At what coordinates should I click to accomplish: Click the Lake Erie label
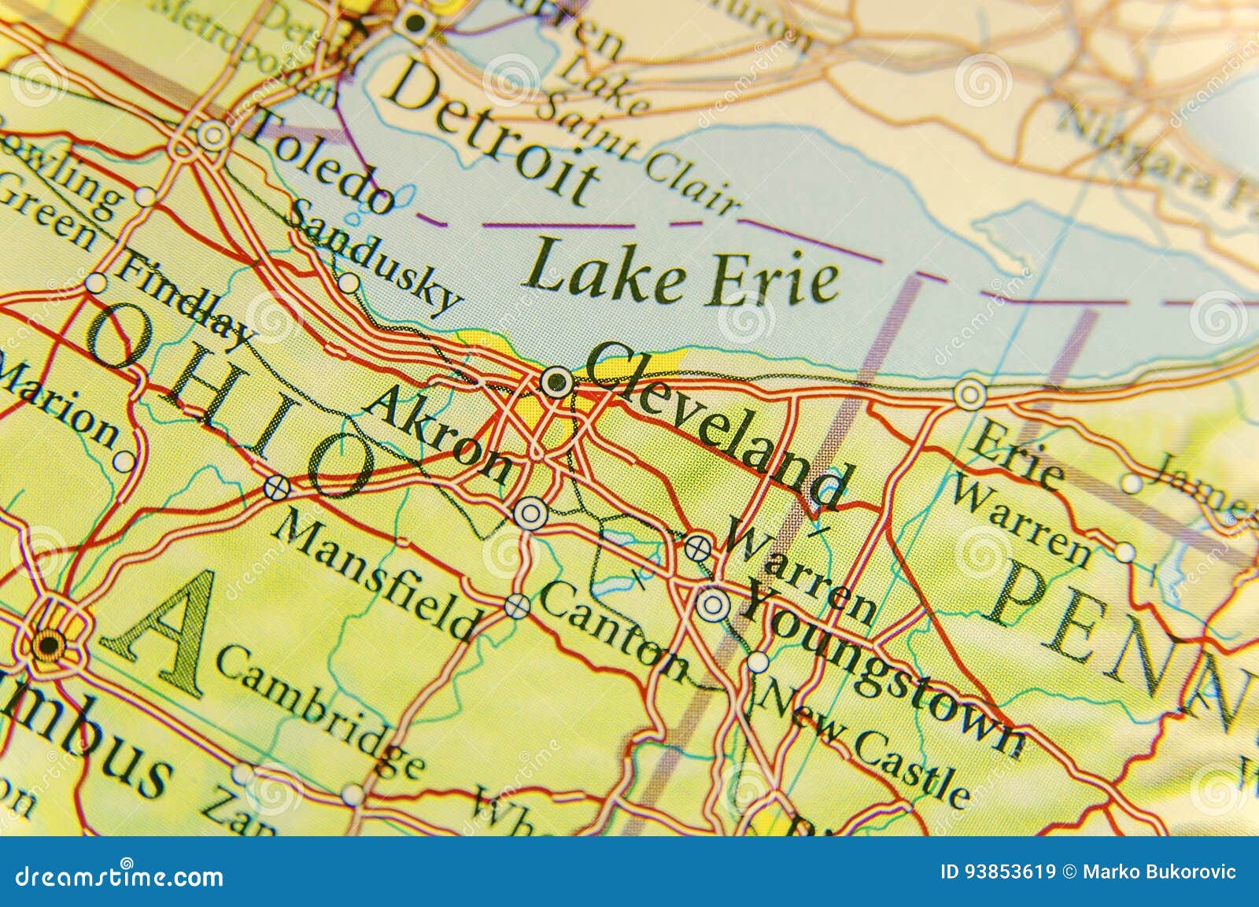681,277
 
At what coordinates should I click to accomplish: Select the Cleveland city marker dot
557,383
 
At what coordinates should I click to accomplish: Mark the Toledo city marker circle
212,136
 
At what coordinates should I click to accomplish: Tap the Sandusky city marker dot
349,282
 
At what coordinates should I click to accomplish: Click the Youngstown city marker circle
713,605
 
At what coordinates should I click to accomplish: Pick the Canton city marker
517,606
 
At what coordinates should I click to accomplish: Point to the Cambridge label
319,712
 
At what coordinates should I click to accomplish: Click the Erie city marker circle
970,393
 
